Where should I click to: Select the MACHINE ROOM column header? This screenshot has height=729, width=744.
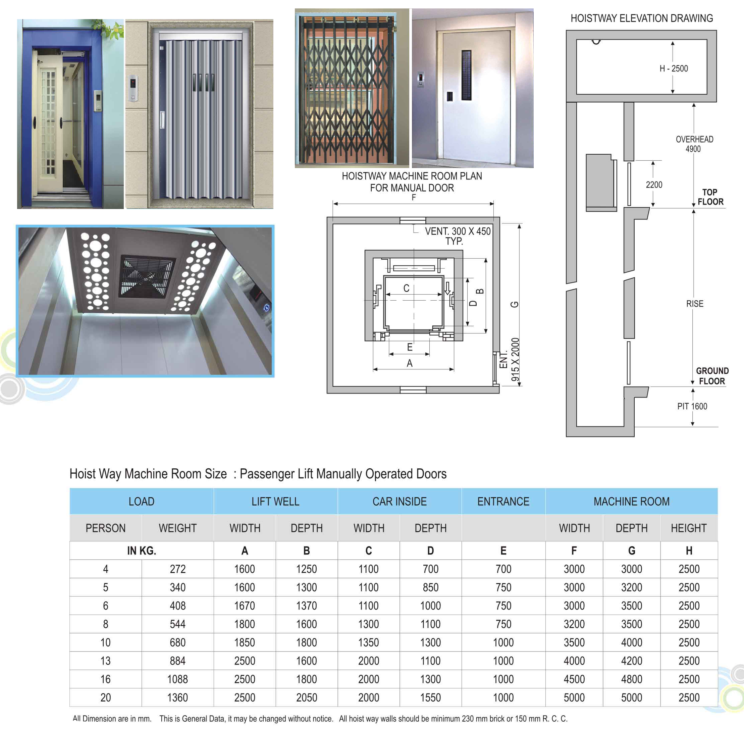tap(631, 501)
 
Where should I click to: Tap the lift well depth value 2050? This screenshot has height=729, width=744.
tap(306, 697)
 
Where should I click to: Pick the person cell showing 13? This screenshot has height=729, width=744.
tap(105, 661)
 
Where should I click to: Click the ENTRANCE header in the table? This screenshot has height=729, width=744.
tap(503, 501)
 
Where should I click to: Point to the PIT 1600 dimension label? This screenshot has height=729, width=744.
tap(692, 406)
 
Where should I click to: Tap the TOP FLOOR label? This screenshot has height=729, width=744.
tap(710, 197)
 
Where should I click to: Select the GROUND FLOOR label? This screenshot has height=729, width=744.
tap(712, 376)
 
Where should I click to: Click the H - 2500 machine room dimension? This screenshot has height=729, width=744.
tap(674, 68)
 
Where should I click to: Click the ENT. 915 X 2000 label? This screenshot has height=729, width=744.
tap(510, 360)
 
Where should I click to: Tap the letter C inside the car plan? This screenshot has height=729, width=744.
tap(406, 288)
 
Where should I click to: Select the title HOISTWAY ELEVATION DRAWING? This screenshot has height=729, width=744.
tap(642, 18)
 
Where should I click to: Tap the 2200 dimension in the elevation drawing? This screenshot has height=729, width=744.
tap(654, 185)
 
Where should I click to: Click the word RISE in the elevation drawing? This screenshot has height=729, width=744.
tap(695, 304)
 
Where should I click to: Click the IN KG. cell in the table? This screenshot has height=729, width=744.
tap(141, 551)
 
